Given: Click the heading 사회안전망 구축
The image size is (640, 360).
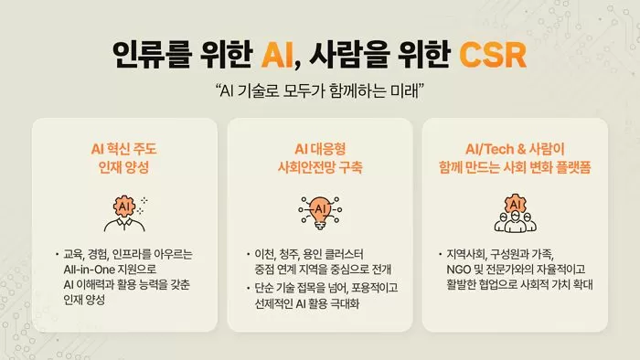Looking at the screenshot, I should pos(320,166).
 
